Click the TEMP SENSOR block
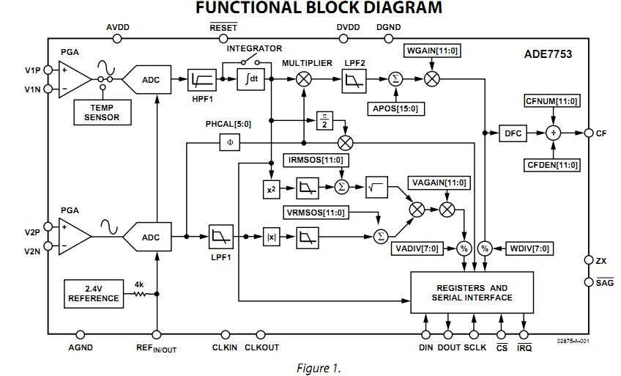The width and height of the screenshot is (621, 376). tap(103, 113)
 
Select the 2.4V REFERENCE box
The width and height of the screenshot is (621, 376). tap(94, 294)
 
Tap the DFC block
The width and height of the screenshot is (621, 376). tap(513, 133)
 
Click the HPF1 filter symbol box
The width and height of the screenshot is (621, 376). tap(202, 80)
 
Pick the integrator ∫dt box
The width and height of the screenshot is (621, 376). tap(250, 79)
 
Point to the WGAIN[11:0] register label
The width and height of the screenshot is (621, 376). tap(432, 51)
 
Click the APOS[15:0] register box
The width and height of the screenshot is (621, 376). tap(395, 108)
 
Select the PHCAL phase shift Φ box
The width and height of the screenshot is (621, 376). tap(230, 142)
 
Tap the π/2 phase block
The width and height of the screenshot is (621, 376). tap(324, 121)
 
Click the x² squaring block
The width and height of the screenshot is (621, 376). tap(271, 189)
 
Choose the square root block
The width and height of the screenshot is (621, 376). tap(376, 188)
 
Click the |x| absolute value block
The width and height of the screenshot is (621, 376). tap(271, 237)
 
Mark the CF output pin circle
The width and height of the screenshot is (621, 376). tap(589, 133)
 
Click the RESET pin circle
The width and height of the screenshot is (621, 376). tap(223, 39)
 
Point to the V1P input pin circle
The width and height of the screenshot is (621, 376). tap(48, 70)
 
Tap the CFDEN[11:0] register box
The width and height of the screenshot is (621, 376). tap(553, 165)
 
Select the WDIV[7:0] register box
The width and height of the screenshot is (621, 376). tap(529, 248)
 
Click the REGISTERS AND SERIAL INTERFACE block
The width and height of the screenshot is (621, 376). tap(472, 292)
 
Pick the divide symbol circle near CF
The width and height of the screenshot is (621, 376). tap(554, 133)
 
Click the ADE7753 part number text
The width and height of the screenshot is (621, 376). tap(548, 54)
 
